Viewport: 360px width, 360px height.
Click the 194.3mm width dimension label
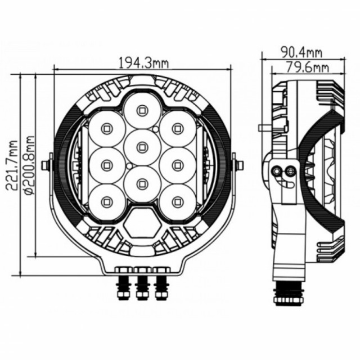coord(144,63)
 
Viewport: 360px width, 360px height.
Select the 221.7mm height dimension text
coord(12,165)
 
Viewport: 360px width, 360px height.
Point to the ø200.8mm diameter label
coord(29,165)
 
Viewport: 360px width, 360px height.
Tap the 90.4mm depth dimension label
coord(302,52)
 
